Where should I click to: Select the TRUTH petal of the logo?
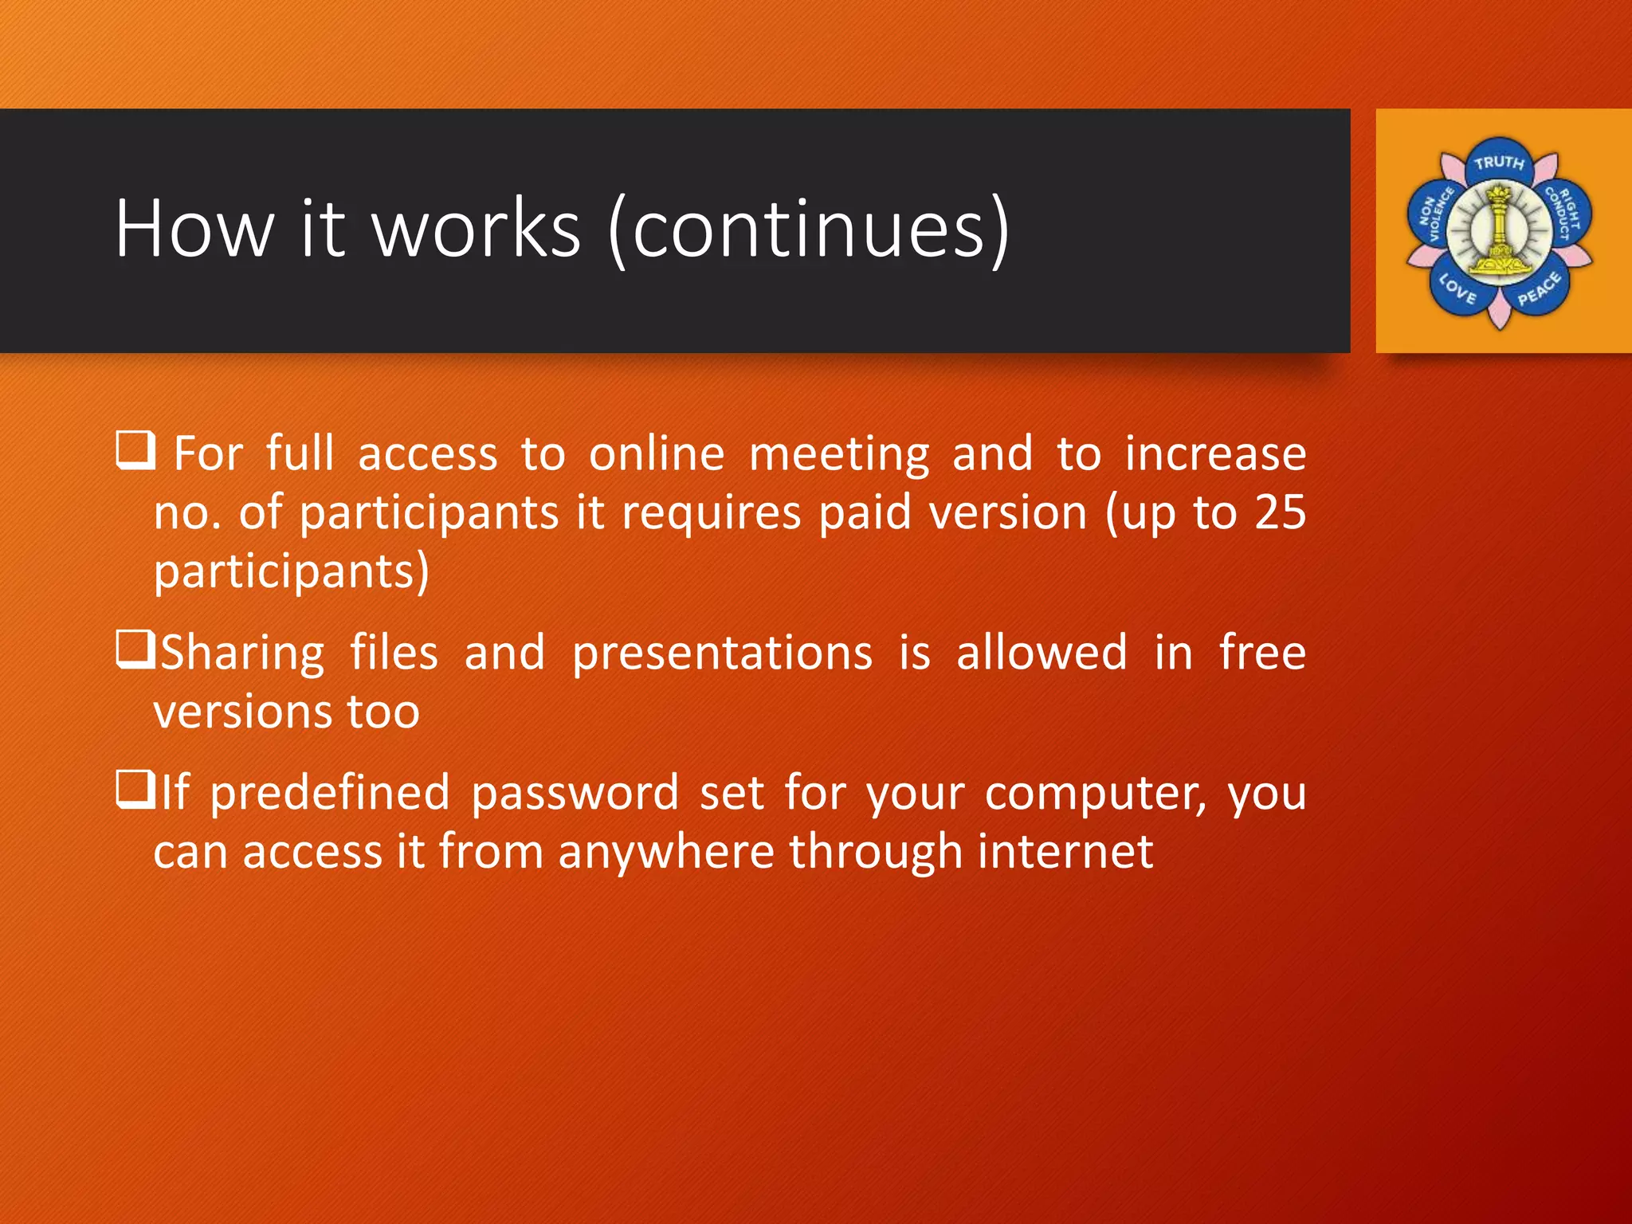coord(1499,163)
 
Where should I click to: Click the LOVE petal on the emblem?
coord(1457,288)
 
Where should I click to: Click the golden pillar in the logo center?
coord(1499,231)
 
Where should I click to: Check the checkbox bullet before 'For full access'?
coord(135,450)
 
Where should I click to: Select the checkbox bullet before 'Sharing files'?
coord(135,649)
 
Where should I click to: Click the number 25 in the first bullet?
coord(1280,512)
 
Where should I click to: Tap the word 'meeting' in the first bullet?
coord(839,455)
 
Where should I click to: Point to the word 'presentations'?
coord(722,653)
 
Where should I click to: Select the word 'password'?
coord(574,794)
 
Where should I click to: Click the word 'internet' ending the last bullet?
coord(1065,852)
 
